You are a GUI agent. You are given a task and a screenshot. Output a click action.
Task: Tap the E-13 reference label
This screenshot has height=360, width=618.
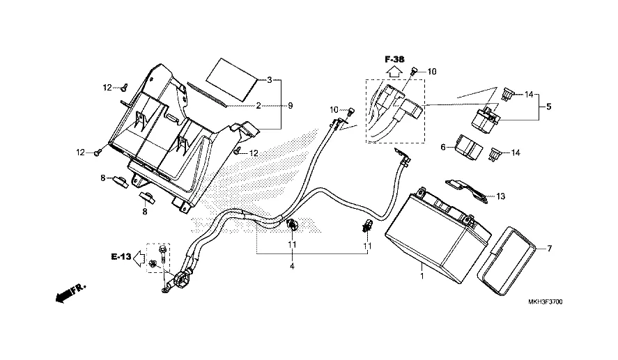(x=121, y=257)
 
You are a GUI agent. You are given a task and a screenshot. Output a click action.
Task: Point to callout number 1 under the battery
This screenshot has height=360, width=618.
(x=421, y=276)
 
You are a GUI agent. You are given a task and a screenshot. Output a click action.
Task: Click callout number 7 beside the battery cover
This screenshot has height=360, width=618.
(x=548, y=249)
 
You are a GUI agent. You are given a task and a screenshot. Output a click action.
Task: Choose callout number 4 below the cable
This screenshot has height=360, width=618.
(x=292, y=266)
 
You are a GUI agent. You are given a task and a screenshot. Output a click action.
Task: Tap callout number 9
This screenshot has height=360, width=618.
(x=291, y=106)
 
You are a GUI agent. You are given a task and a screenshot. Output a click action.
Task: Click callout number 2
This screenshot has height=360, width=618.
(x=257, y=106)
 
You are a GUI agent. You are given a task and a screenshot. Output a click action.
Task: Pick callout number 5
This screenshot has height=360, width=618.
(x=548, y=107)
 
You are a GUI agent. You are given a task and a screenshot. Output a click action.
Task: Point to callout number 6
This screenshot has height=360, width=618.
(x=443, y=147)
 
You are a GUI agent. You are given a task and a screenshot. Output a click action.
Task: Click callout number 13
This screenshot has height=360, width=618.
(x=500, y=197)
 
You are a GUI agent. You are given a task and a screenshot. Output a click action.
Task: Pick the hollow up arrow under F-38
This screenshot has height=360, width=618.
(x=394, y=70)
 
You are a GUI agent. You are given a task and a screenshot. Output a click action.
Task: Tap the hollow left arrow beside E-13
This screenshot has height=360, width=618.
(x=141, y=257)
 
